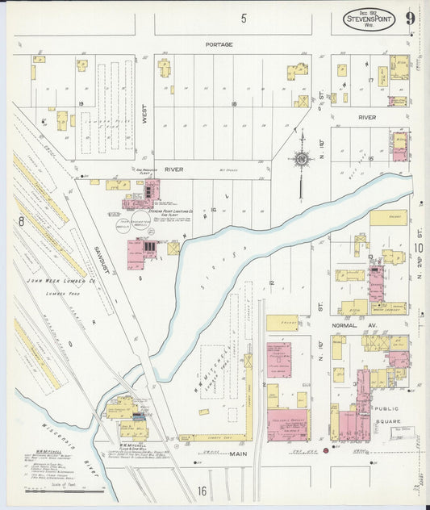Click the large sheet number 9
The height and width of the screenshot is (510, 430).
pos(411,19)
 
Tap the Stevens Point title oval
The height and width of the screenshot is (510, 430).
pos(370,19)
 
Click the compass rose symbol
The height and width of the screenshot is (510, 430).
pos(301,160)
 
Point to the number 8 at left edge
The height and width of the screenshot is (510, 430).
pos(22,219)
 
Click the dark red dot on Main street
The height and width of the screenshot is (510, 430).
pos(325,450)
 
